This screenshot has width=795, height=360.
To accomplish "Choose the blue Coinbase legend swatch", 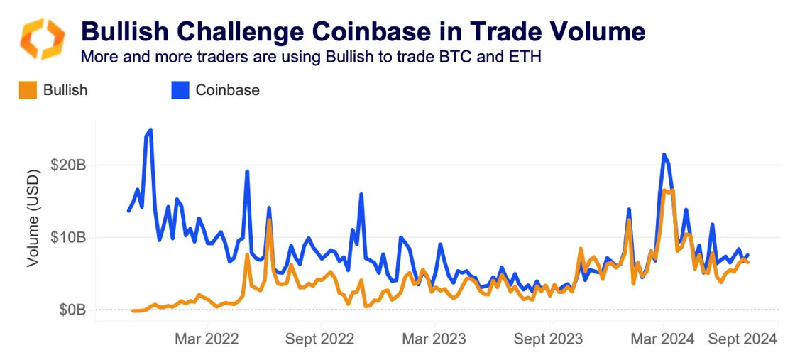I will [180, 90].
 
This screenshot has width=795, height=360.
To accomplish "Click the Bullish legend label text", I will [65, 90].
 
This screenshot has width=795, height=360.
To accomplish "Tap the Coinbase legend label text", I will [227, 90].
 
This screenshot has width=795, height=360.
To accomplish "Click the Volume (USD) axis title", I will [32, 219].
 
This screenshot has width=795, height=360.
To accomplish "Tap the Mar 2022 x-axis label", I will [207, 339].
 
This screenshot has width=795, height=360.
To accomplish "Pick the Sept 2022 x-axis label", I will [319, 339].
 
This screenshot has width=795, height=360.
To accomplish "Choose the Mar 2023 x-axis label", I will [434, 339].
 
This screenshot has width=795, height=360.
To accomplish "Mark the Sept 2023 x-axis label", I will [548, 339].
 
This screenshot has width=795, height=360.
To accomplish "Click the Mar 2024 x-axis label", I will [663, 339].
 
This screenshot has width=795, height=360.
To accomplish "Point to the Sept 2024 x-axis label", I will [742, 339].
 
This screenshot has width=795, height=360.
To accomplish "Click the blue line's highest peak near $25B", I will [150, 130].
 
